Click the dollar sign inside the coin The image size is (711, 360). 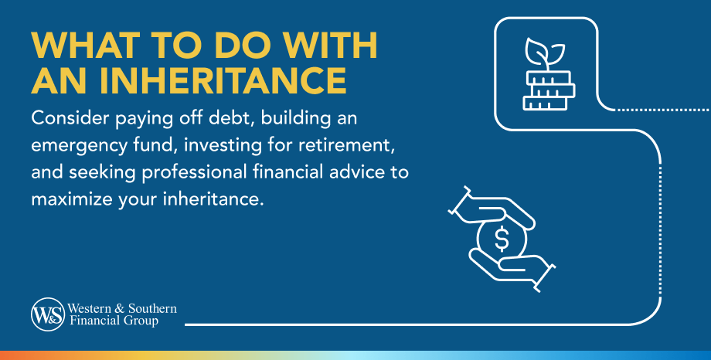click(x=502, y=239)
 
